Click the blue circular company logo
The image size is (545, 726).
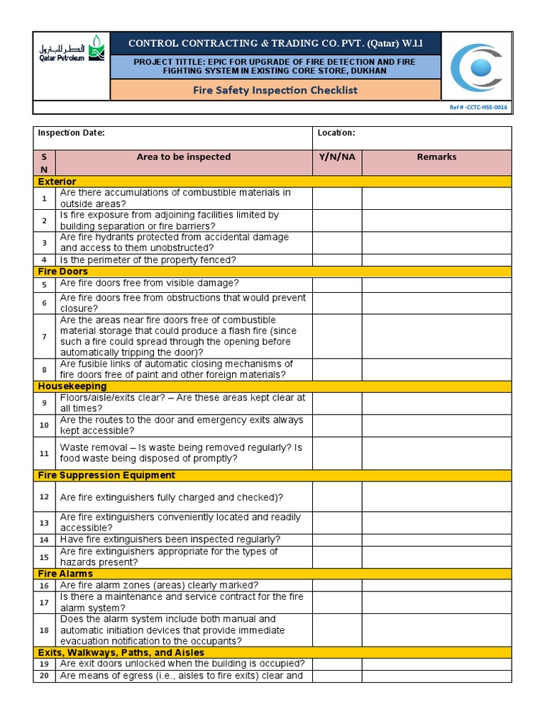tap(476, 68)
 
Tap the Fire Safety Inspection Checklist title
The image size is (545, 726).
tap(275, 90)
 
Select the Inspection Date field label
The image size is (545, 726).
tap(71, 133)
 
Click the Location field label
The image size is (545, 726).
tap(336, 133)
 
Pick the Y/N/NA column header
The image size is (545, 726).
tap(336, 157)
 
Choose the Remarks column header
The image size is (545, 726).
tap(436, 157)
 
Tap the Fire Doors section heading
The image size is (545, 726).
tap(63, 272)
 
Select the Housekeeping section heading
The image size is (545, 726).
tap(72, 386)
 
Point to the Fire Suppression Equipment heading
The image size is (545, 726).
tap(106, 475)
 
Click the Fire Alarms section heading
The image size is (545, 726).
tap(65, 574)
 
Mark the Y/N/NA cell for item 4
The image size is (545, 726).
tap(336, 260)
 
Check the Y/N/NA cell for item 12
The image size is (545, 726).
tap(336, 497)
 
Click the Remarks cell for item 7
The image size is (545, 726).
tap(436, 336)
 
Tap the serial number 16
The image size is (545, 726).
tap(44, 586)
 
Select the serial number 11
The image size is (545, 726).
tap(44, 453)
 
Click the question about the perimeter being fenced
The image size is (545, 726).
tap(148, 260)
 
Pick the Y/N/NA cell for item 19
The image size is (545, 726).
tap(336, 664)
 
